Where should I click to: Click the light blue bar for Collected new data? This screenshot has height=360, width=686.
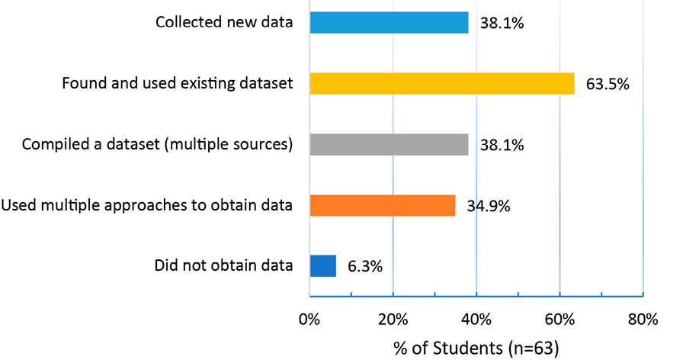389,22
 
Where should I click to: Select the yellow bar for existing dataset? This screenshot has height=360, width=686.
441,83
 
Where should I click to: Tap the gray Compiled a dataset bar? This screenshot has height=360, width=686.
389,144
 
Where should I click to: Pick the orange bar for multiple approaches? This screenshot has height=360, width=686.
382,205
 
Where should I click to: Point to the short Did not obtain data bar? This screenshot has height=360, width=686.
322,265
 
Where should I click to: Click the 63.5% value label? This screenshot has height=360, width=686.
607,84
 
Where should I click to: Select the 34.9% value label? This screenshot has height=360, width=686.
489,206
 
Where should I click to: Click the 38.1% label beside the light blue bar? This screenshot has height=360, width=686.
502,23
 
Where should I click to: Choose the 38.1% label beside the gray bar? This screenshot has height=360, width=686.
502,145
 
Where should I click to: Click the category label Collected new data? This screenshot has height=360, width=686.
224,22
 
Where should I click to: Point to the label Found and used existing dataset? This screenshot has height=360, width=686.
178,83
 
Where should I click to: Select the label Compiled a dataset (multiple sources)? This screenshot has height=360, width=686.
158,144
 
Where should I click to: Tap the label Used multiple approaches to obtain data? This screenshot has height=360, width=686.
147,205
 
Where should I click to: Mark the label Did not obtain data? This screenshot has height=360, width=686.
223,265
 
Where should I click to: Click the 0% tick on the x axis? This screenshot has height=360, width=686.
309,319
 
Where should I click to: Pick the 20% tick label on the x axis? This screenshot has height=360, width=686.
393,319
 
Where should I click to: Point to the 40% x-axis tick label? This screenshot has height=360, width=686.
476,319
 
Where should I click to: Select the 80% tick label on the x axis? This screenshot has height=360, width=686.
643,319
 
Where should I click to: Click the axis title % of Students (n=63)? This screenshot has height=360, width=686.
476,348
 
